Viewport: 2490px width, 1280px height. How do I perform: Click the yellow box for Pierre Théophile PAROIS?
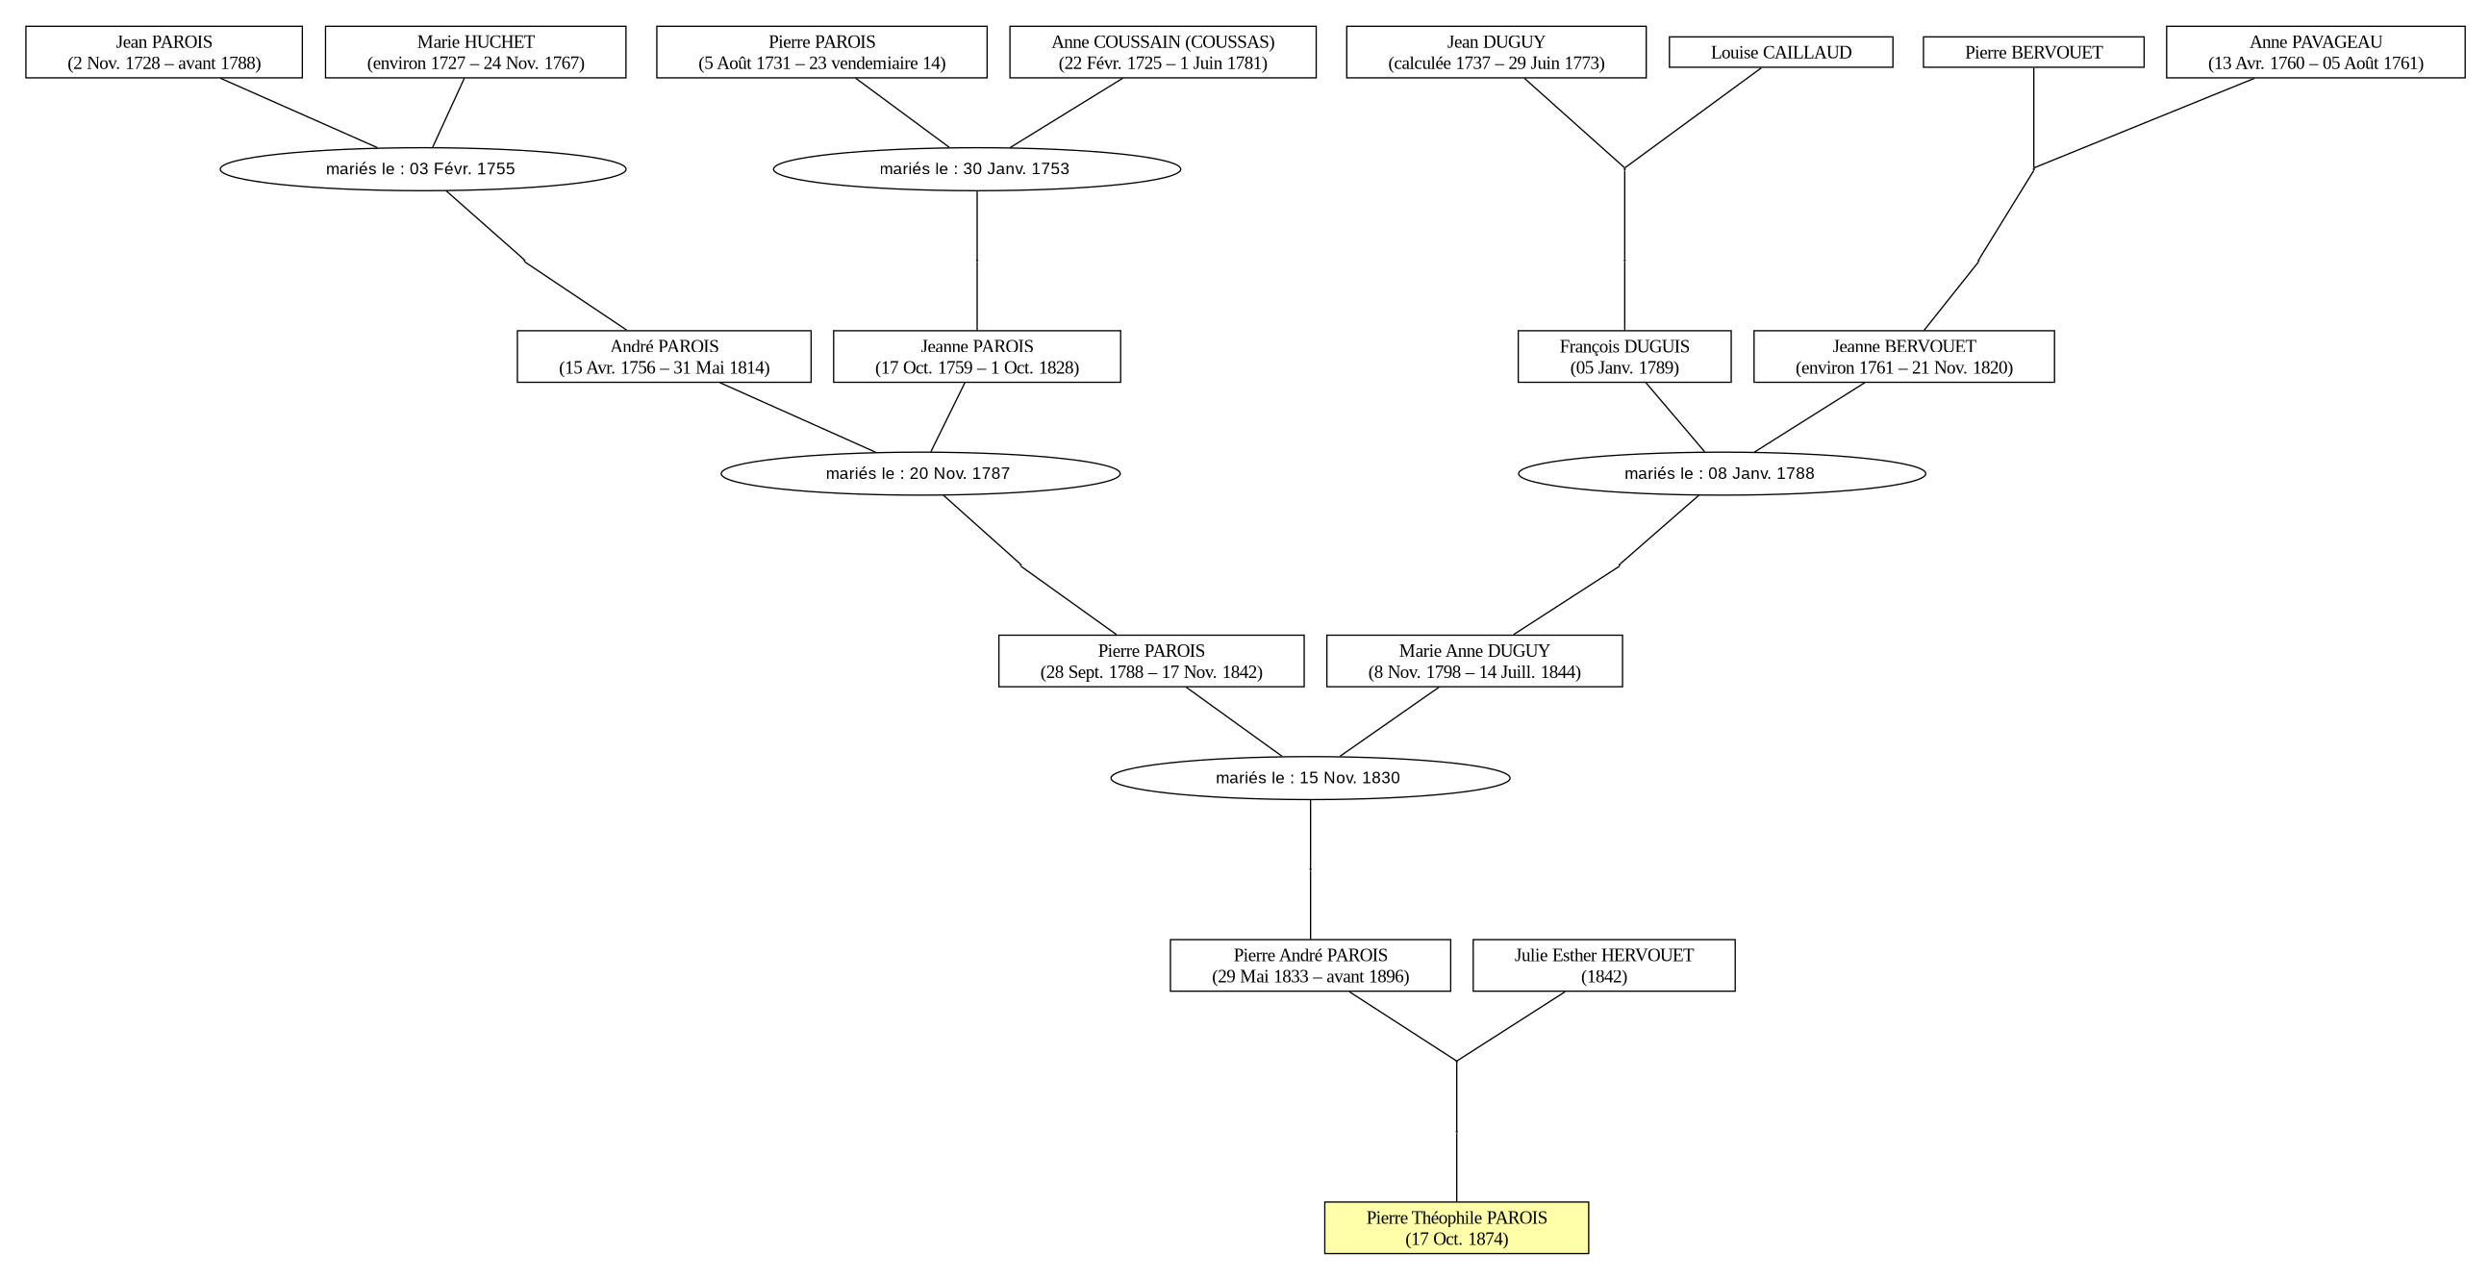(x=1456, y=1228)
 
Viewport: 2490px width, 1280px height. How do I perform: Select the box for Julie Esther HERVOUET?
(x=1603, y=965)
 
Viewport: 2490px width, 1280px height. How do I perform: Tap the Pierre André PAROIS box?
(x=1310, y=965)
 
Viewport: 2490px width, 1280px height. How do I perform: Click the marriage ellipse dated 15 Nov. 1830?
(x=1310, y=778)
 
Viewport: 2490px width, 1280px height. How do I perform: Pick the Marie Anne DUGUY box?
(x=1474, y=662)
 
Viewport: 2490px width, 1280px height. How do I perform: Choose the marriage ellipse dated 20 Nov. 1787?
(x=920, y=474)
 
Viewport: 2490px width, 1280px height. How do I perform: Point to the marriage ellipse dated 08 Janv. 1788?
(x=1722, y=474)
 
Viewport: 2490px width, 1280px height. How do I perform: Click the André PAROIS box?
(x=664, y=357)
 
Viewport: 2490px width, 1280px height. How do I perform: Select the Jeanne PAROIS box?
(x=976, y=357)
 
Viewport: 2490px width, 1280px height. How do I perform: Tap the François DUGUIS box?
(x=1623, y=357)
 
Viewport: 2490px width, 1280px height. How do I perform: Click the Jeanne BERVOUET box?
(x=1903, y=357)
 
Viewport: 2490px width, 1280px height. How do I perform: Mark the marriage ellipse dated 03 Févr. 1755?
(x=422, y=169)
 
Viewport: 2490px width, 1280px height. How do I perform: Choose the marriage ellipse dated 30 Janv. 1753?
(x=976, y=169)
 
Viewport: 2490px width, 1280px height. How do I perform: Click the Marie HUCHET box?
(x=475, y=52)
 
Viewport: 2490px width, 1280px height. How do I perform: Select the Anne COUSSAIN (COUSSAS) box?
(x=1163, y=52)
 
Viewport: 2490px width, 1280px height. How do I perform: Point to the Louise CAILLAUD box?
(x=1780, y=52)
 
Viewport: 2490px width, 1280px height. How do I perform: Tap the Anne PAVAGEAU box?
(x=2315, y=52)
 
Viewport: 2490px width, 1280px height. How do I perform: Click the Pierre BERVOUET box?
(x=2033, y=52)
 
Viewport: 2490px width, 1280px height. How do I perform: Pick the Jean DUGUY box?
(x=1496, y=52)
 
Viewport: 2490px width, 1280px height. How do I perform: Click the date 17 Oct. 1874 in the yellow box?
(x=1456, y=1240)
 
